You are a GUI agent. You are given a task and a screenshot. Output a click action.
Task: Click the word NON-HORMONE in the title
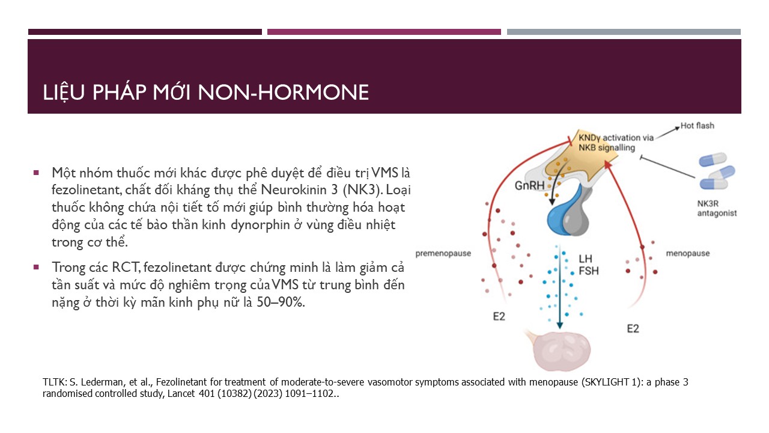point(283,92)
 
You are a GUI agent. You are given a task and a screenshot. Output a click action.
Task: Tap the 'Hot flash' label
point(698,126)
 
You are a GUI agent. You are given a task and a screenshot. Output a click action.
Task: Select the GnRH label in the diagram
point(529,186)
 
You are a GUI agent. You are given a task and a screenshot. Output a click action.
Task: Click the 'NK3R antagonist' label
point(717,209)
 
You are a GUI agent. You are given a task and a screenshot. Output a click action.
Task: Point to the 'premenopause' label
point(443,254)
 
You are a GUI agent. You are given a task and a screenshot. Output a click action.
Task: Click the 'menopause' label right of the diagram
point(688,254)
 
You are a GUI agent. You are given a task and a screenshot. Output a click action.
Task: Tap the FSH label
point(588,271)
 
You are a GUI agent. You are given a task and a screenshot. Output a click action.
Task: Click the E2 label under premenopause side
point(499,316)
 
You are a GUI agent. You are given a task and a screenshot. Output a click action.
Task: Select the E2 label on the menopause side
point(633,329)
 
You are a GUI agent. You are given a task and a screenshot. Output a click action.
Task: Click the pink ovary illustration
point(561,351)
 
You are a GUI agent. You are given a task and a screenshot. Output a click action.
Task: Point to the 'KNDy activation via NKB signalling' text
point(616,143)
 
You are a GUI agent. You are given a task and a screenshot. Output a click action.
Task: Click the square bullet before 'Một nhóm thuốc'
point(36,173)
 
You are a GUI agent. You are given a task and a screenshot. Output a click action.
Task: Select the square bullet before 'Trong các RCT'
point(36,267)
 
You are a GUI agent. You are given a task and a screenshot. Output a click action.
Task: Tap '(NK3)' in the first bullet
point(363,190)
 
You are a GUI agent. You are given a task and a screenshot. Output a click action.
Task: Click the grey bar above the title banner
point(624,32)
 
